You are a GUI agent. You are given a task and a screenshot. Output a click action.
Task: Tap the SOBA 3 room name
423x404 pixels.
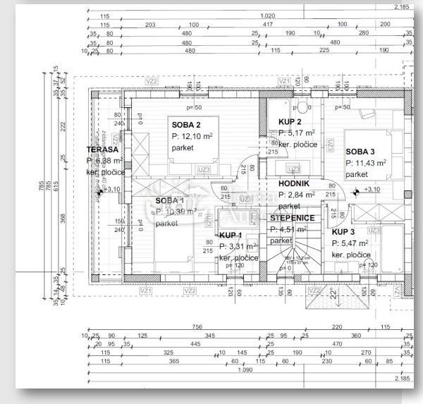[x=360, y=152]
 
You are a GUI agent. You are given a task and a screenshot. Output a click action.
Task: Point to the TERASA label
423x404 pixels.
[x=102, y=150]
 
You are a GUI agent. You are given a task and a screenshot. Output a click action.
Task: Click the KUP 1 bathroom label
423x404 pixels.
[x=231, y=235]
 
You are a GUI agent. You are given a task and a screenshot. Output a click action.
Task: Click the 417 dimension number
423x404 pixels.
[x=268, y=24]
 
